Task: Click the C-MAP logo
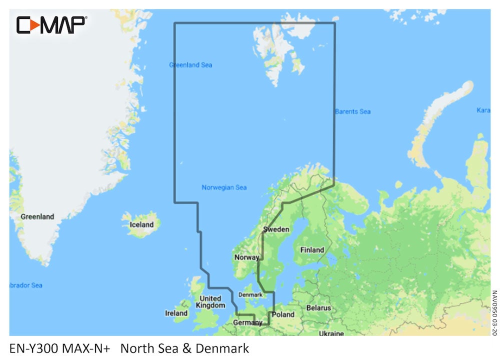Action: (51, 24)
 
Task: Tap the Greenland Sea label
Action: (190, 65)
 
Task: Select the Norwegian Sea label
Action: (224, 187)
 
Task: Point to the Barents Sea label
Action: (353, 111)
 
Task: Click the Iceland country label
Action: (141, 224)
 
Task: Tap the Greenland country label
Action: (37, 216)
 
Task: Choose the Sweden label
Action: (276, 229)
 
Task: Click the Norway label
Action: (246, 257)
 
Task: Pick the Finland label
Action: (311, 249)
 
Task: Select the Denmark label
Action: (250, 294)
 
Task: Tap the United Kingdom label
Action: (210, 302)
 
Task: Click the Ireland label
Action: (176, 313)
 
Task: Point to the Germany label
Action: (247, 323)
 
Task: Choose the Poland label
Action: (283, 314)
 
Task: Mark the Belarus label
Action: (318, 308)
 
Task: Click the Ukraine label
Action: (331, 333)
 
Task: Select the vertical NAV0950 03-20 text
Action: (494, 314)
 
